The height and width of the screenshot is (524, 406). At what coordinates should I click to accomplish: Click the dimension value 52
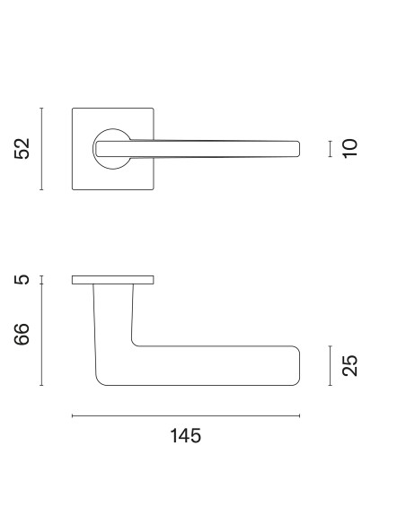coord(22,149)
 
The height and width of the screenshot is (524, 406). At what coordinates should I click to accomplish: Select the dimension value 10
coord(350,148)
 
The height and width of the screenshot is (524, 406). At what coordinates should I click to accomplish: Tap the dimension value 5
coord(22,280)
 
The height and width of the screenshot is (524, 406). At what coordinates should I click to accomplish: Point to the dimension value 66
coord(22,335)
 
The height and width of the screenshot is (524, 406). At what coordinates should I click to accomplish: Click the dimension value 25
coord(350,365)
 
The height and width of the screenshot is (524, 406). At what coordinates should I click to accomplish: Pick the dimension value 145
coord(186,436)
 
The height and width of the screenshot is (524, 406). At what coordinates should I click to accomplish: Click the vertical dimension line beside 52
coord(41,149)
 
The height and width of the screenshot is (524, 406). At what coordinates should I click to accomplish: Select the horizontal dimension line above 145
coord(186,416)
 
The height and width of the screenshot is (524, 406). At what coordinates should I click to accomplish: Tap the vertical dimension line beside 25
coord(330,365)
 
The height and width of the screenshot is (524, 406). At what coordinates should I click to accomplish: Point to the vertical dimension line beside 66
coord(41,335)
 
